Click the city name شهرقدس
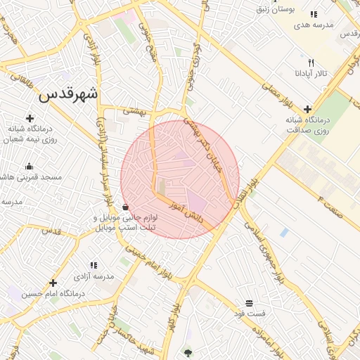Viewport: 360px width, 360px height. click(x=69, y=95)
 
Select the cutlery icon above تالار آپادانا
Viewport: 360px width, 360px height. click(x=311, y=63)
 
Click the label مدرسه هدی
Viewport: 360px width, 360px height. click(x=313, y=25)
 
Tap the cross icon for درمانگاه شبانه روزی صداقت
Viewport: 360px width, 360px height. click(x=307, y=109)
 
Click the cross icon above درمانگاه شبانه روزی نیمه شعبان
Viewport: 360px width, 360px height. click(x=30, y=118)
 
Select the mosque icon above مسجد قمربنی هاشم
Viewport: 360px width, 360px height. click(x=30, y=167)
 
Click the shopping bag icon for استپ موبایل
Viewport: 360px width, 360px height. click(x=125, y=207)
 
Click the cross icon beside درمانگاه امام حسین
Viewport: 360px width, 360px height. click(x=53, y=283)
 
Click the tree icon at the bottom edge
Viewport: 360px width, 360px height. click(x=188, y=352)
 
